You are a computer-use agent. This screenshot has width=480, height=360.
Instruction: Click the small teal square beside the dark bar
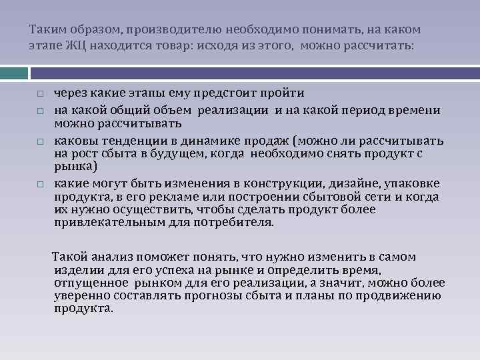coord(13,72)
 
